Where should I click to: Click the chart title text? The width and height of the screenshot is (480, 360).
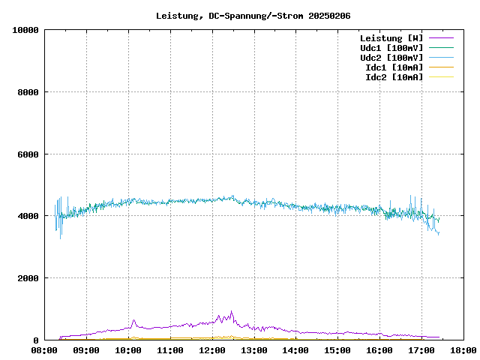coord(253,16)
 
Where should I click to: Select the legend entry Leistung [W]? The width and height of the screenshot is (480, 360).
coord(391,37)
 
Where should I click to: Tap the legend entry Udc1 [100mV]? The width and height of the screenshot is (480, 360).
coord(391,47)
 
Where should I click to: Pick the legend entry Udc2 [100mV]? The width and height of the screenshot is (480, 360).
coord(391,57)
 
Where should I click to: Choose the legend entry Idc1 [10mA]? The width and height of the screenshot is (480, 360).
coord(394,67)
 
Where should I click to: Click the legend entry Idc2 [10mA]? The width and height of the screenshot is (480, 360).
coord(394,76)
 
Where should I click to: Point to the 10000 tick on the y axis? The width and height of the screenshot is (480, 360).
coord(25,30)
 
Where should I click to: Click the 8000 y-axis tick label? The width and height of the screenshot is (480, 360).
coord(28,92)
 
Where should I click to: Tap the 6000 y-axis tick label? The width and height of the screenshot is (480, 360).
coord(28,154)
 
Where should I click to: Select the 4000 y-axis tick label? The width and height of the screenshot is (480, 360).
coord(28,216)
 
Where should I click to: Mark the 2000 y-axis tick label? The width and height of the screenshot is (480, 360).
coord(28,278)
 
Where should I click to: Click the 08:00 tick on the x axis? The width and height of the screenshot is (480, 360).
coord(44,350)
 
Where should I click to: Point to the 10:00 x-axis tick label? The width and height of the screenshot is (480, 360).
coord(128,350)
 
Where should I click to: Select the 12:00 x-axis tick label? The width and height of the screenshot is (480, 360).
coord(212,350)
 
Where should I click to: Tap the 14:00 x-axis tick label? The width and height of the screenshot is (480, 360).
coord(295,350)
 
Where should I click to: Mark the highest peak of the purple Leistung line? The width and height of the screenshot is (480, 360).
coord(231,311)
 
